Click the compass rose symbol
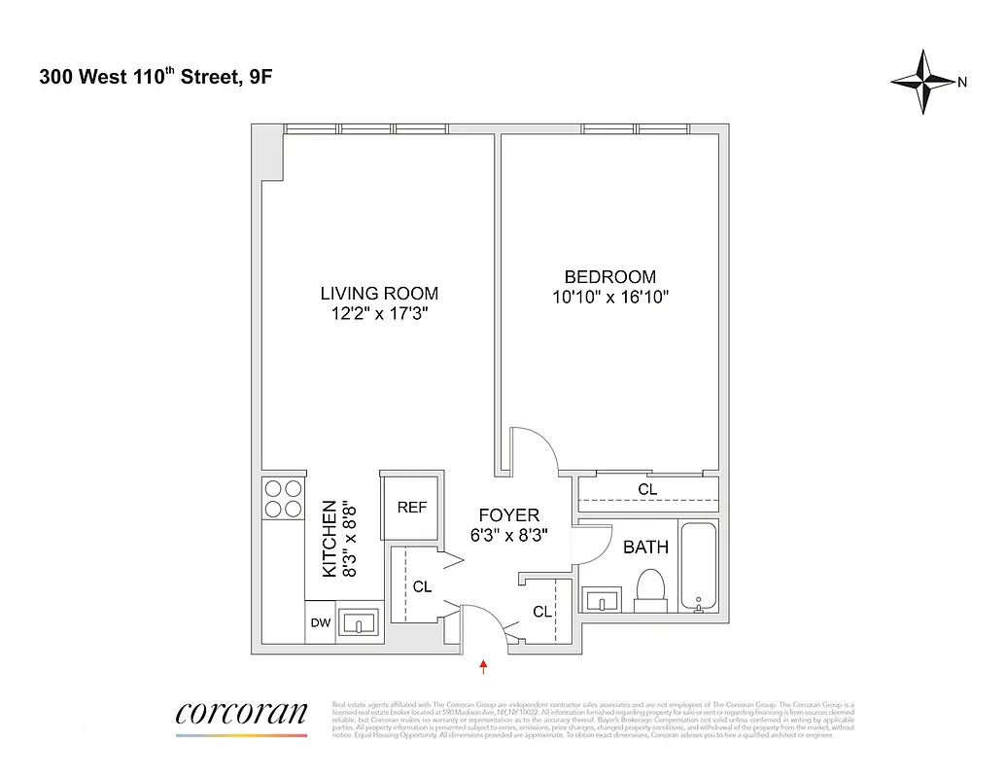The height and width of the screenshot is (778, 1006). pos(924,82)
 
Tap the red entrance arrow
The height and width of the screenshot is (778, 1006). pos(483,666)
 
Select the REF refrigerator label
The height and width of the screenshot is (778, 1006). pos(412,508)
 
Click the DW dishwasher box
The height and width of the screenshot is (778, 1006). pos(320,623)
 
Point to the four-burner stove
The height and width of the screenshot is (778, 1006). pos(283,498)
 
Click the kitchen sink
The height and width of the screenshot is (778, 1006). pos(363,623)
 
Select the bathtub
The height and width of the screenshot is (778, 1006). pos(698,568)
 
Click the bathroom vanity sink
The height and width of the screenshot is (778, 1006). pos(606,601)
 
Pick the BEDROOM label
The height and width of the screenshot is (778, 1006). pos(609,277)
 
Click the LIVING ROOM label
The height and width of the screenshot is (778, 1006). pos(379,293)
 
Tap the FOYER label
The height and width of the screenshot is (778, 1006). pos(508,515)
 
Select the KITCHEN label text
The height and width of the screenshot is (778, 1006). pos(330,539)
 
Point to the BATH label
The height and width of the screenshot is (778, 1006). pos(645,548)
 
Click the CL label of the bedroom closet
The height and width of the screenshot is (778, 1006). pos(647,489)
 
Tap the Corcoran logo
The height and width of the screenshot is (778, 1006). pos(241,713)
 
